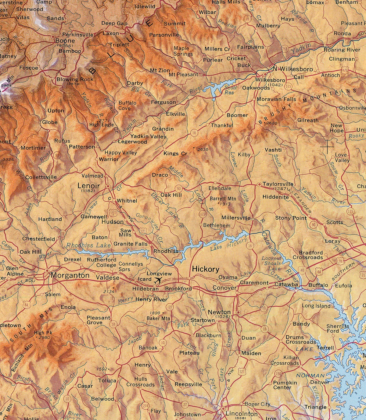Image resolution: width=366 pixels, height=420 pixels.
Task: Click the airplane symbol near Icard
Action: (x=158, y=280)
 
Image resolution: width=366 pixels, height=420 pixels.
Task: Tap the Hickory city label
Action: (x=205, y=269)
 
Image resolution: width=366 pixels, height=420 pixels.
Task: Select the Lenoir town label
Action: (x=88, y=185)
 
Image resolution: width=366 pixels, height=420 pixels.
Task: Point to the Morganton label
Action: (x=70, y=275)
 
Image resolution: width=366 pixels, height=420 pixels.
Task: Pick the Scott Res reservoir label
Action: (x=231, y=90)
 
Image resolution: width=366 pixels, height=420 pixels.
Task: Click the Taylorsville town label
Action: (x=278, y=184)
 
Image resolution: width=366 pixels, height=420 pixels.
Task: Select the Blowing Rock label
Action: (x=75, y=79)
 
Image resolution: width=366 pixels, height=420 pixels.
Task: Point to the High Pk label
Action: (x=43, y=333)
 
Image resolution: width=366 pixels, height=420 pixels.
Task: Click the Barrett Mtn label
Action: (x=223, y=199)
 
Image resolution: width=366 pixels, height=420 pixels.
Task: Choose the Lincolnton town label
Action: (x=242, y=414)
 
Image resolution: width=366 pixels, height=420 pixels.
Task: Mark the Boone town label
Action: (x=65, y=41)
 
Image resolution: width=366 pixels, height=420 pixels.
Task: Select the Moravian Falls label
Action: (x=276, y=99)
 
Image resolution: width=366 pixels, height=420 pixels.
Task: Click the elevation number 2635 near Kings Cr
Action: (x=203, y=150)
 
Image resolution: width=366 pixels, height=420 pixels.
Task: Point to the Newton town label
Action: (x=219, y=312)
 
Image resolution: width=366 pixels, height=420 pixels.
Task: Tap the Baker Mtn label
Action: (x=158, y=318)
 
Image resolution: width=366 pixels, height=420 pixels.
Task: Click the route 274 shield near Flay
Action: (x=145, y=406)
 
